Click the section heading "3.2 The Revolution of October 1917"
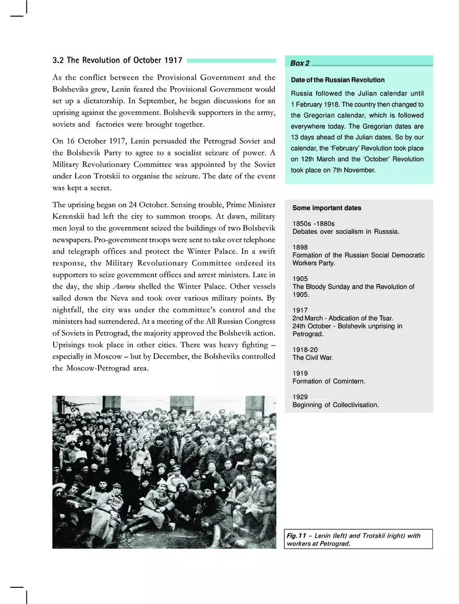pos(117,61)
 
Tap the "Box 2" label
pos(299,63)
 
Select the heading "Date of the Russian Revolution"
pos(337,80)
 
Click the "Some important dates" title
pos(327,208)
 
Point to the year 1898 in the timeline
pos(300,247)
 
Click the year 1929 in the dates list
pos(300,397)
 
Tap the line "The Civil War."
pos(312,358)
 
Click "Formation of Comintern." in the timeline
pos(329,381)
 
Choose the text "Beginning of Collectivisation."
pos(335,405)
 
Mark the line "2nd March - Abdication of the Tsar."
pos(343,318)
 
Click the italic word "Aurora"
pos(124,286)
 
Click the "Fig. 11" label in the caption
pos(296,536)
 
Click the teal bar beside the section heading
pos(231,61)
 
